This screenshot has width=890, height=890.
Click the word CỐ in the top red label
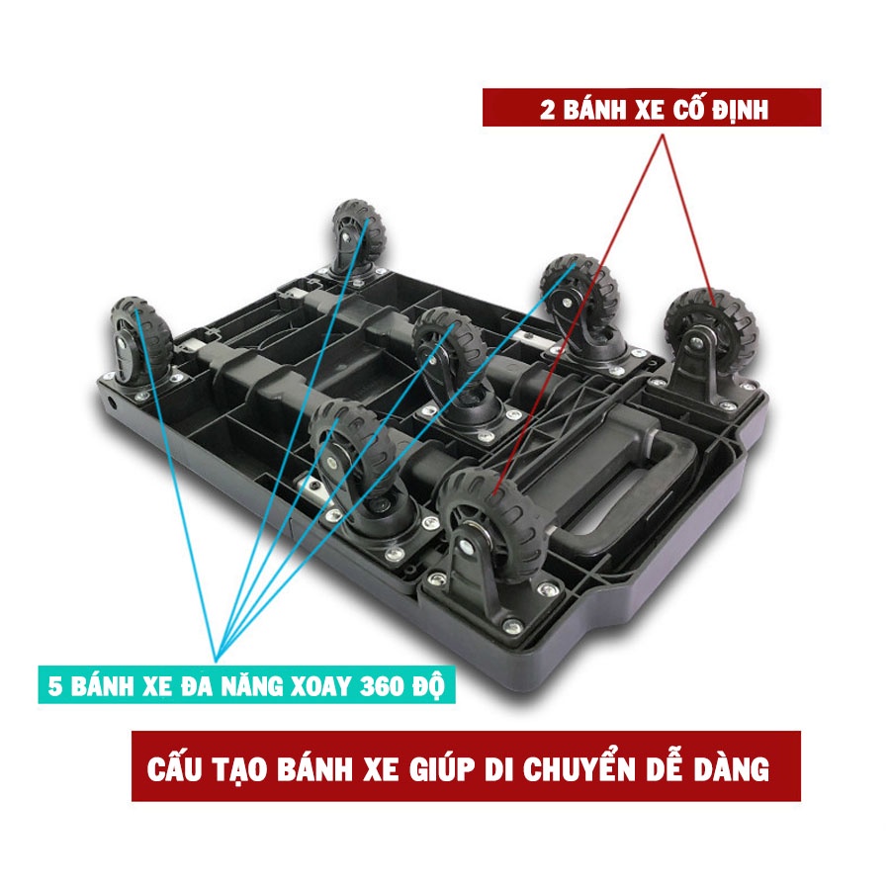(x=688, y=109)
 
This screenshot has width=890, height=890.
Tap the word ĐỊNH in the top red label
(x=741, y=110)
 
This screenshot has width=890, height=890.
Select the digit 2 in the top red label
(x=547, y=110)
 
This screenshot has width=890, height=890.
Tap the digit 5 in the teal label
(x=54, y=685)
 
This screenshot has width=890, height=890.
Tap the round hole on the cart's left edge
(x=112, y=404)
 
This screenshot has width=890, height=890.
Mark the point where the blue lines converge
(x=216, y=662)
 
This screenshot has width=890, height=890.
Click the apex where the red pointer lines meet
(x=663, y=134)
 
